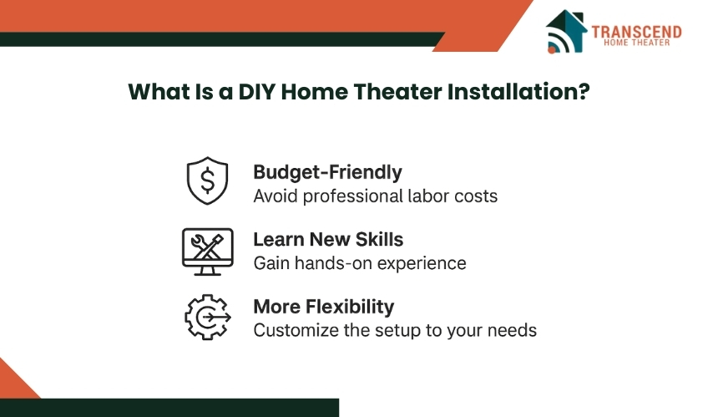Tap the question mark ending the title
coord(584,92)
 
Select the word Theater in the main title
coord(398,92)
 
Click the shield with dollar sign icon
coord(207,181)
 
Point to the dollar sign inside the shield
coord(207,180)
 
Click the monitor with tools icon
coord(207,252)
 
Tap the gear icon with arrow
coord(208,317)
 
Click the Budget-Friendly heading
coord(328,172)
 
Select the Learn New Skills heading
coord(328,239)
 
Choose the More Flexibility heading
coord(324,307)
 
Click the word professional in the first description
coord(352,196)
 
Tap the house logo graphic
coord(566,31)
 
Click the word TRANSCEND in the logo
coord(636,32)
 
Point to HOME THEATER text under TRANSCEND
coord(636,43)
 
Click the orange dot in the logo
coord(552,49)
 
